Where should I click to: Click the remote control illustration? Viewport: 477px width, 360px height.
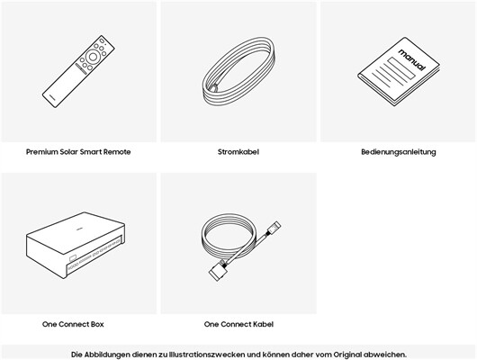pos(78,71)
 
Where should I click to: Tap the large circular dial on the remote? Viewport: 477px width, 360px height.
pos(93,57)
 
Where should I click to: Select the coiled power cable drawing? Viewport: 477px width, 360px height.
pos(238,71)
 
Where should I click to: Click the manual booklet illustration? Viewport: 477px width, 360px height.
pos(399,72)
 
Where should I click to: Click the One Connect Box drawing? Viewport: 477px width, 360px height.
pos(76,245)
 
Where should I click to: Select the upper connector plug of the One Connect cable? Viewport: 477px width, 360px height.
pos(274,228)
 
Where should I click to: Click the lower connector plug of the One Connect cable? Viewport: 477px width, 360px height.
pos(218,271)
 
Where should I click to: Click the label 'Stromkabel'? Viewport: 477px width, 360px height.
pos(238,152)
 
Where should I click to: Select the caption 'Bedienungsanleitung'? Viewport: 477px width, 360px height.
pos(399,152)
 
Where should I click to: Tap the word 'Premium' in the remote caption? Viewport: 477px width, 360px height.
pos(41,152)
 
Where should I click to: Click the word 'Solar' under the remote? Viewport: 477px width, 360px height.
pos(68,152)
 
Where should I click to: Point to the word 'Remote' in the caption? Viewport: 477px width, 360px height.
pos(117,152)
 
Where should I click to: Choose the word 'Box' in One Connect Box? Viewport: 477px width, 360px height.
pos(97,324)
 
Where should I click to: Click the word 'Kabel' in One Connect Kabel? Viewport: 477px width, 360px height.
pos(264,324)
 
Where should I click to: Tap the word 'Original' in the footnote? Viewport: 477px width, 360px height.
pos(347,355)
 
